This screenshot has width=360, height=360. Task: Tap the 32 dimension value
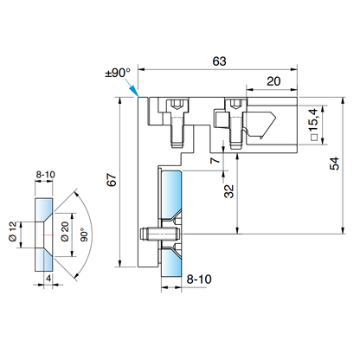coord(227,191)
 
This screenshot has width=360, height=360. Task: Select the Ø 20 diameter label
coord(64,231)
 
